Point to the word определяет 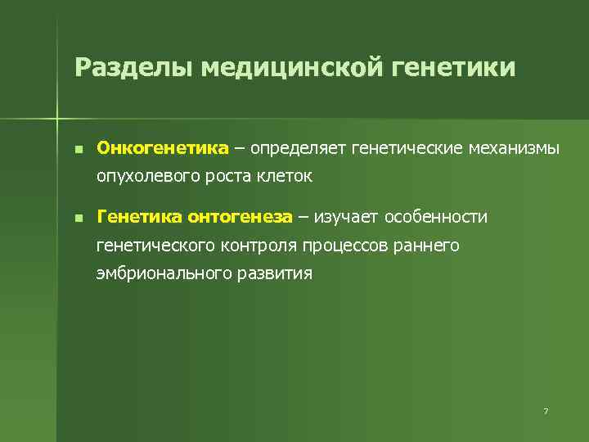click(x=299, y=148)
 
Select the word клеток click(x=287, y=175)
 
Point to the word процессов click(x=344, y=245)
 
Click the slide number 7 click(x=545, y=410)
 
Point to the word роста click(x=232, y=175)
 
